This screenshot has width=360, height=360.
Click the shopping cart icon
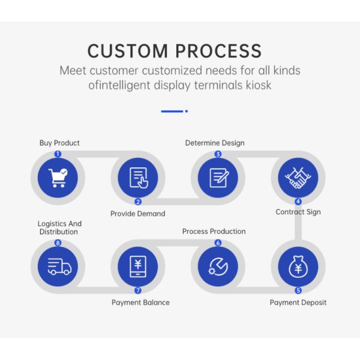58,178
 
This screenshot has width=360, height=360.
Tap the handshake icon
298,178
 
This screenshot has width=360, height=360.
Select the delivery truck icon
59,266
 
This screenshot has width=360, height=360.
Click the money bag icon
298,266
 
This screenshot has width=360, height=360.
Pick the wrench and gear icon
218,266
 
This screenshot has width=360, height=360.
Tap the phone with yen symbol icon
138,266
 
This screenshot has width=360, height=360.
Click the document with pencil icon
219,178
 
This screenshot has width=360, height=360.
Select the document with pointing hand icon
139,178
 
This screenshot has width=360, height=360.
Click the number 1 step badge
58,154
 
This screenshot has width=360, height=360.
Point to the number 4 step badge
298,202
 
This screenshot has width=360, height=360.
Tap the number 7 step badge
138,290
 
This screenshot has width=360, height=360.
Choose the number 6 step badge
218,242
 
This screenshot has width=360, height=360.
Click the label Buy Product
59,143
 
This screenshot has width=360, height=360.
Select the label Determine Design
215,143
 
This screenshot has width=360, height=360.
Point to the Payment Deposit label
298,302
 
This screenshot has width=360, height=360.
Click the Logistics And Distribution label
59,227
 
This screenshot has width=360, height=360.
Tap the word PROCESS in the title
218,51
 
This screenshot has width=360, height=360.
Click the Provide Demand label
138,214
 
